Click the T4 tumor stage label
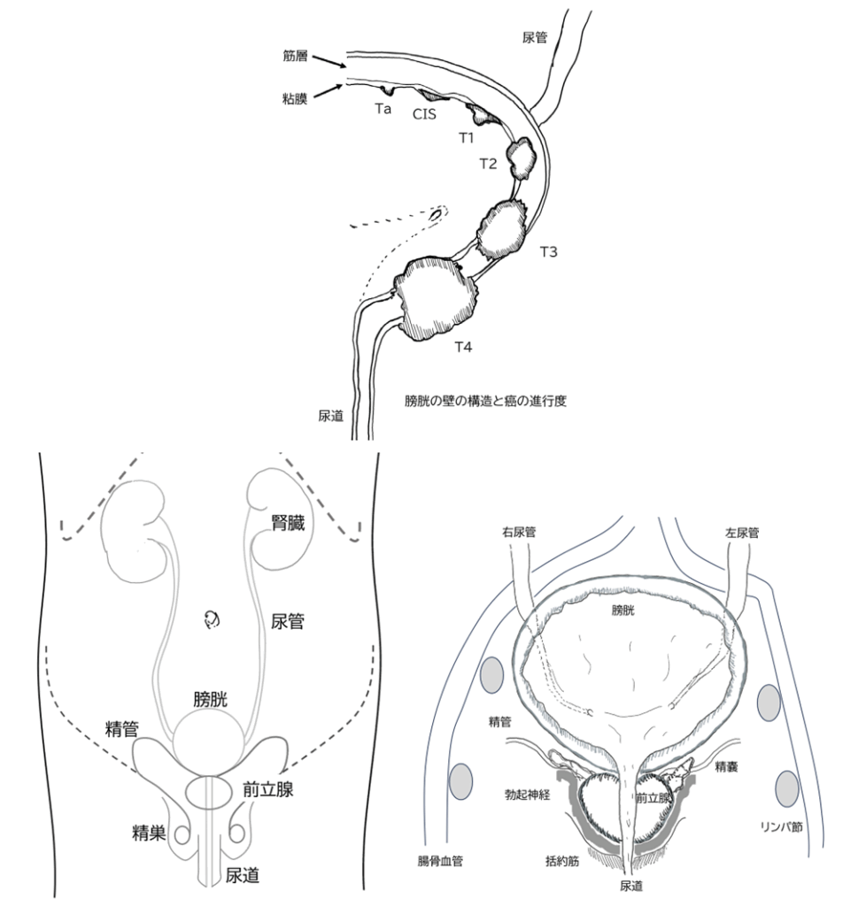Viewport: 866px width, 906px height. pos(463,347)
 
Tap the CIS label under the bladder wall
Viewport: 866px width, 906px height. pos(424,114)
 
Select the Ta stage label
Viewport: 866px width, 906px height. pos(383,109)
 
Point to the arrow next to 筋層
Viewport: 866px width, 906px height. pos(329,61)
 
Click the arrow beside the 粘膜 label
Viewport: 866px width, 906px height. pos(329,91)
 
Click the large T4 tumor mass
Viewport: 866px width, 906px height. pos(436,299)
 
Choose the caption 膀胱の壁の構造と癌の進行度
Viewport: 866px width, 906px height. pos(485,401)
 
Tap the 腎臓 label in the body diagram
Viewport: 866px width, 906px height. pos(288,523)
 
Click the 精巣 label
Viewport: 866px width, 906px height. pos(149,833)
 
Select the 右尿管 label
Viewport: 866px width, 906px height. pos(519,532)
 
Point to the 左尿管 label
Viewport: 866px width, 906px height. pos(742,533)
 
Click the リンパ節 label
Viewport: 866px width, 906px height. pos(781,827)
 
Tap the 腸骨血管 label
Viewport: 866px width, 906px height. pos(440,861)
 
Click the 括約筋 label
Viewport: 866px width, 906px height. pos(562,861)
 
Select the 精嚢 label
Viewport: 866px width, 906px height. pos(726,767)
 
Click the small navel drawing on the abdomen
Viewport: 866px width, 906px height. pos(213,620)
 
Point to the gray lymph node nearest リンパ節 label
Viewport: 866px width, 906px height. pos(787,788)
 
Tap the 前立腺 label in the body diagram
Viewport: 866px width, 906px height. pos(268,789)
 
